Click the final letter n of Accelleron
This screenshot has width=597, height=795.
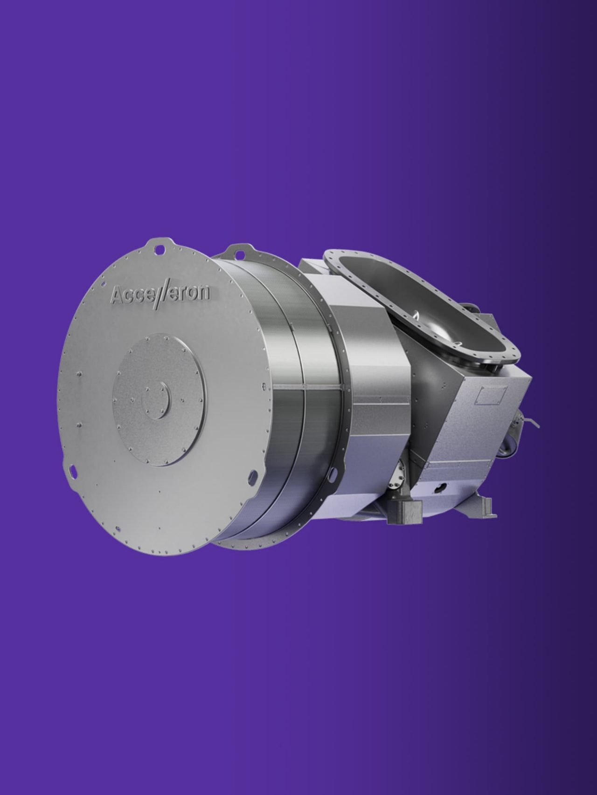tap(203, 293)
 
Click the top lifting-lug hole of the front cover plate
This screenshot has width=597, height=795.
tap(160, 250)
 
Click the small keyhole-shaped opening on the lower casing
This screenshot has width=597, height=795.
tap(439, 488)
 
